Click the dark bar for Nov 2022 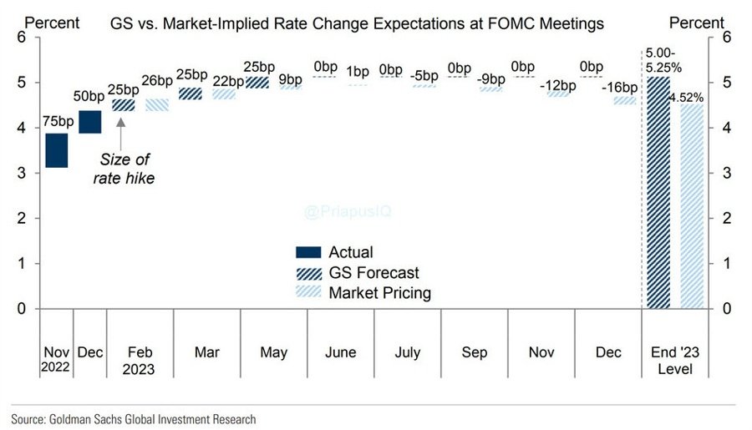57,150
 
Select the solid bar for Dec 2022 90,121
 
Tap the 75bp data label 57,122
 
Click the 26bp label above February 156,81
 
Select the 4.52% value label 687,97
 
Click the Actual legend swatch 308,252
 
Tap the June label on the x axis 341,352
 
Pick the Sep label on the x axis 474,352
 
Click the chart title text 357,24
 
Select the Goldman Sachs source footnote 134,419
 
